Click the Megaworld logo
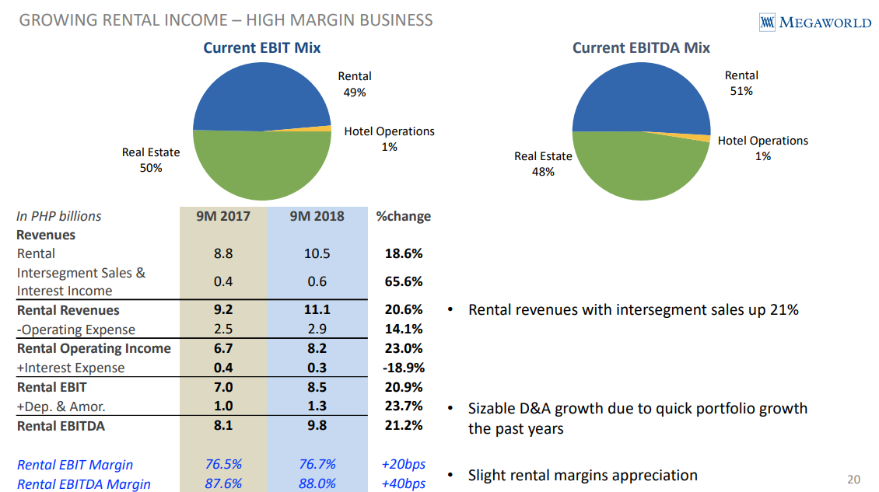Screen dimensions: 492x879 point(814,23)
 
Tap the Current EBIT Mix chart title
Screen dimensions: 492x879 point(261,48)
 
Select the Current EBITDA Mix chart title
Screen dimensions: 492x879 point(641,48)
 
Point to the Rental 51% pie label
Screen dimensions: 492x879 point(741,83)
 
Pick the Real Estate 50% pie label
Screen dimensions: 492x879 point(151,160)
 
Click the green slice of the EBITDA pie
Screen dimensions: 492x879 point(638,167)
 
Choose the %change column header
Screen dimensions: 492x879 point(403,216)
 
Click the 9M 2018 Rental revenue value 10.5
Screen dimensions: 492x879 point(317,253)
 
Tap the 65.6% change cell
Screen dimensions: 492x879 point(403,282)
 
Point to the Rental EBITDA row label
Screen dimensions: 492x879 point(61,425)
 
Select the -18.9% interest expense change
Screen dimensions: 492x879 point(403,368)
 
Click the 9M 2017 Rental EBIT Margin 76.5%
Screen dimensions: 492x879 point(223,465)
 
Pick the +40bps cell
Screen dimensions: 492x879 point(403,483)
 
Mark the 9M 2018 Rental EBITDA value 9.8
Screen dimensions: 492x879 point(317,425)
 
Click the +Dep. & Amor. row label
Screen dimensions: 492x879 point(61,406)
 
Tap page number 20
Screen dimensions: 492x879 point(853,478)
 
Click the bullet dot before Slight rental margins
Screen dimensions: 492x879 point(450,476)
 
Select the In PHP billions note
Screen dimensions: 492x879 point(59,216)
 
